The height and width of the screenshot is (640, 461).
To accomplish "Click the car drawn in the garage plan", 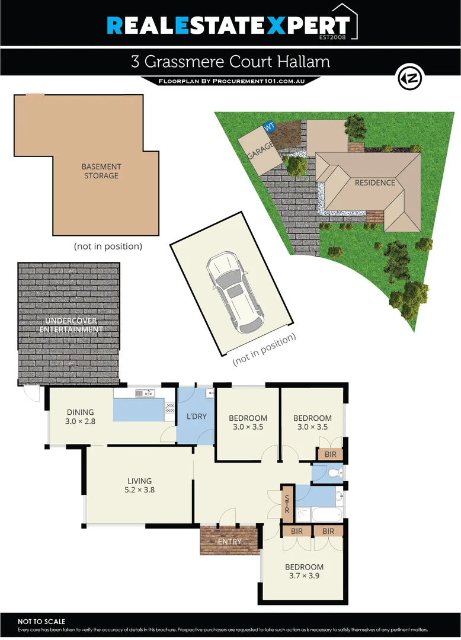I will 233,292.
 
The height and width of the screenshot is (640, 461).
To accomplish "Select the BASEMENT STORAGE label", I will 101,171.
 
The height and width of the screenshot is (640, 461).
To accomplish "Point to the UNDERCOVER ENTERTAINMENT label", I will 68,325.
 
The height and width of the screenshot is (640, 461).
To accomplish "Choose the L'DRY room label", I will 197,417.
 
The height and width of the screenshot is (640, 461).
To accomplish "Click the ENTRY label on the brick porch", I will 230,542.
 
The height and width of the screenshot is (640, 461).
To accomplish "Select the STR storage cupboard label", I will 287,503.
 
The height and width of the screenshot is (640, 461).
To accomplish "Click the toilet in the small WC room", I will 335,472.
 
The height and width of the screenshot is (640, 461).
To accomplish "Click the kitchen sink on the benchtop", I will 145,392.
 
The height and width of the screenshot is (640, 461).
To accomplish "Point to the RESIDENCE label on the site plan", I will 374,183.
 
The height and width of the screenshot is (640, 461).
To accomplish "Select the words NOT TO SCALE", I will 42,621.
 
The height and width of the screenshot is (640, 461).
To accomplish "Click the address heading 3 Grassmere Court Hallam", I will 230,62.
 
